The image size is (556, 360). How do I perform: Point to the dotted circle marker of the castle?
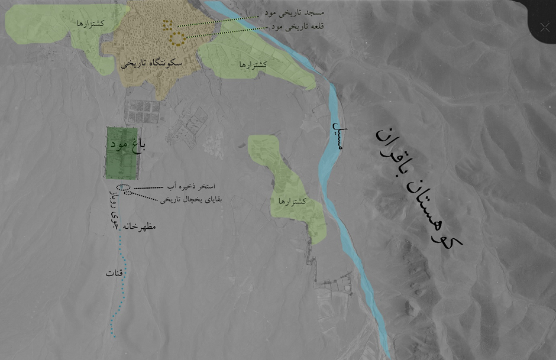(177, 39)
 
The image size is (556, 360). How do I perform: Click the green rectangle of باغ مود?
(122, 153)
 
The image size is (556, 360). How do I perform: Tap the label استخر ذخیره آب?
(190, 186)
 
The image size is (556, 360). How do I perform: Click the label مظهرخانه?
(140, 226)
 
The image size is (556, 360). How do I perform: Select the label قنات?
(114, 273)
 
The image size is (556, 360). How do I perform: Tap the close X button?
(545, 27)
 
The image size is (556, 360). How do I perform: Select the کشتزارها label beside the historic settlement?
(253, 64)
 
